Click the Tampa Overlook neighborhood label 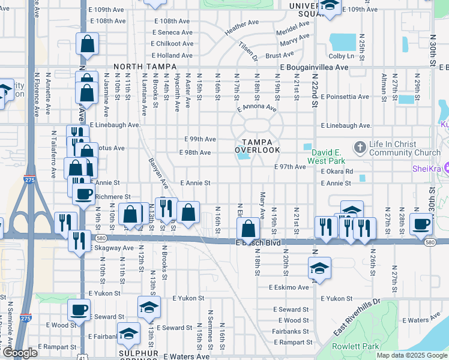tap(257, 145)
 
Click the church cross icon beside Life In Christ tap(360, 146)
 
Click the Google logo tap(20, 353)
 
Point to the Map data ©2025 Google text tap(412, 355)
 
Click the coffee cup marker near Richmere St tap(83, 193)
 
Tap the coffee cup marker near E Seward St tap(79, 310)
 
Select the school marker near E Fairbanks tap(128, 334)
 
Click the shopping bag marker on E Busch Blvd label tap(248, 228)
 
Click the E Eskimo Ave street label tap(289, 287)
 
